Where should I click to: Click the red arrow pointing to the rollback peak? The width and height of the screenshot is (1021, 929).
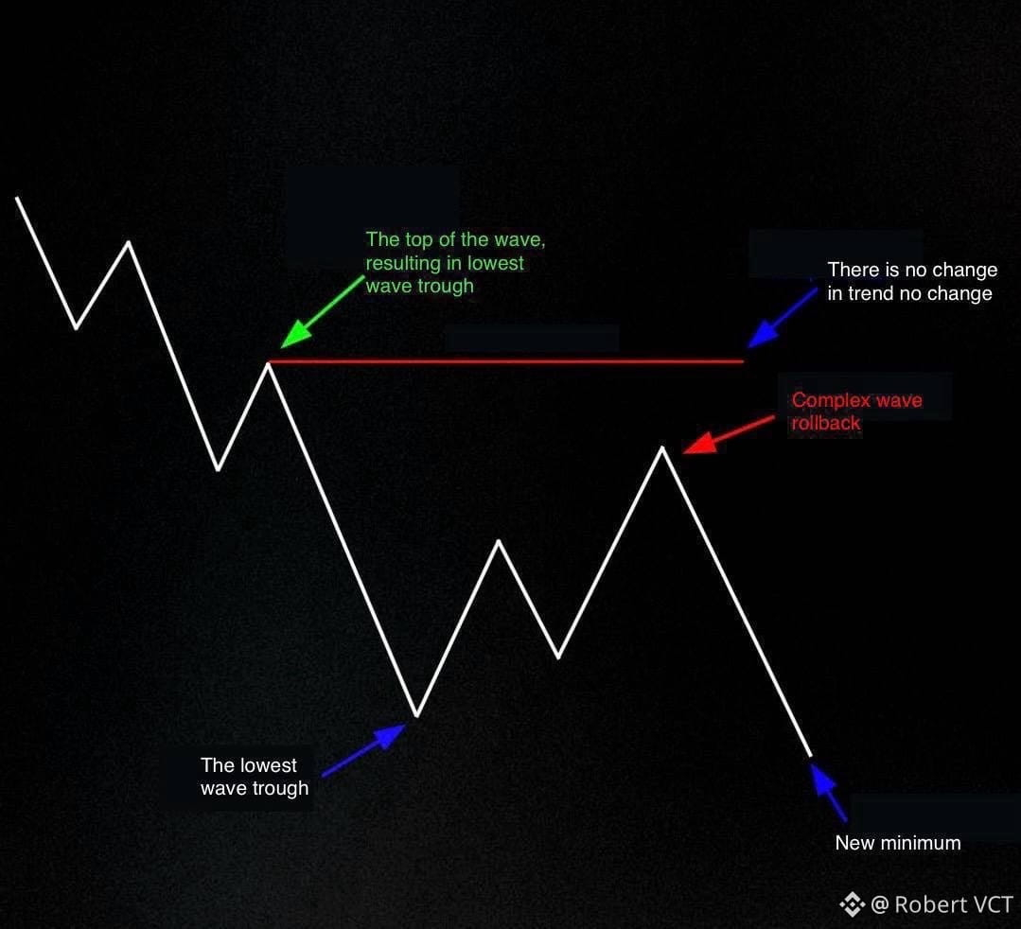[x=729, y=435]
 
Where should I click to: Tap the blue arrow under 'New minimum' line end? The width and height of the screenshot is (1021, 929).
[x=828, y=792]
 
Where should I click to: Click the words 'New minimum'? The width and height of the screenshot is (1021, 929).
[x=898, y=843]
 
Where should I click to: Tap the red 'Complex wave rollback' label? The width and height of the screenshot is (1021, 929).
[x=857, y=412]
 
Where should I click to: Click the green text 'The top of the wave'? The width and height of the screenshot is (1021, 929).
[x=455, y=239]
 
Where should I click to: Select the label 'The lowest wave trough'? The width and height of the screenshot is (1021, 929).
[x=255, y=777]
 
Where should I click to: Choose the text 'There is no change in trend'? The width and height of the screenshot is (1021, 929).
[x=903, y=281]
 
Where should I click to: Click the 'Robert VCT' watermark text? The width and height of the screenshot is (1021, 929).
[x=954, y=904]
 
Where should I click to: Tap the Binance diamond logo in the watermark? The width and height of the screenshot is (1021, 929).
[x=852, y=904]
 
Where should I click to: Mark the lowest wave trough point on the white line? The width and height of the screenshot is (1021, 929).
[x=416, y=715]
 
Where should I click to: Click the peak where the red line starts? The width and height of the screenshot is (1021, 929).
[x=269, y=363]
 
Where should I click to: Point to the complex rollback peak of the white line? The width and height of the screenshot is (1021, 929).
[x=662, y=447]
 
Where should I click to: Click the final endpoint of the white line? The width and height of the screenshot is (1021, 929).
[x=811, y=756]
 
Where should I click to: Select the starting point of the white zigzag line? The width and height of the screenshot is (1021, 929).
[x=17, y=198]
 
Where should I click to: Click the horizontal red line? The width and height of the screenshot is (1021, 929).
[x=506, y=361]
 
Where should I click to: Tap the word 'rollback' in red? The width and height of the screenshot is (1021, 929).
[x=826, y=423]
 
